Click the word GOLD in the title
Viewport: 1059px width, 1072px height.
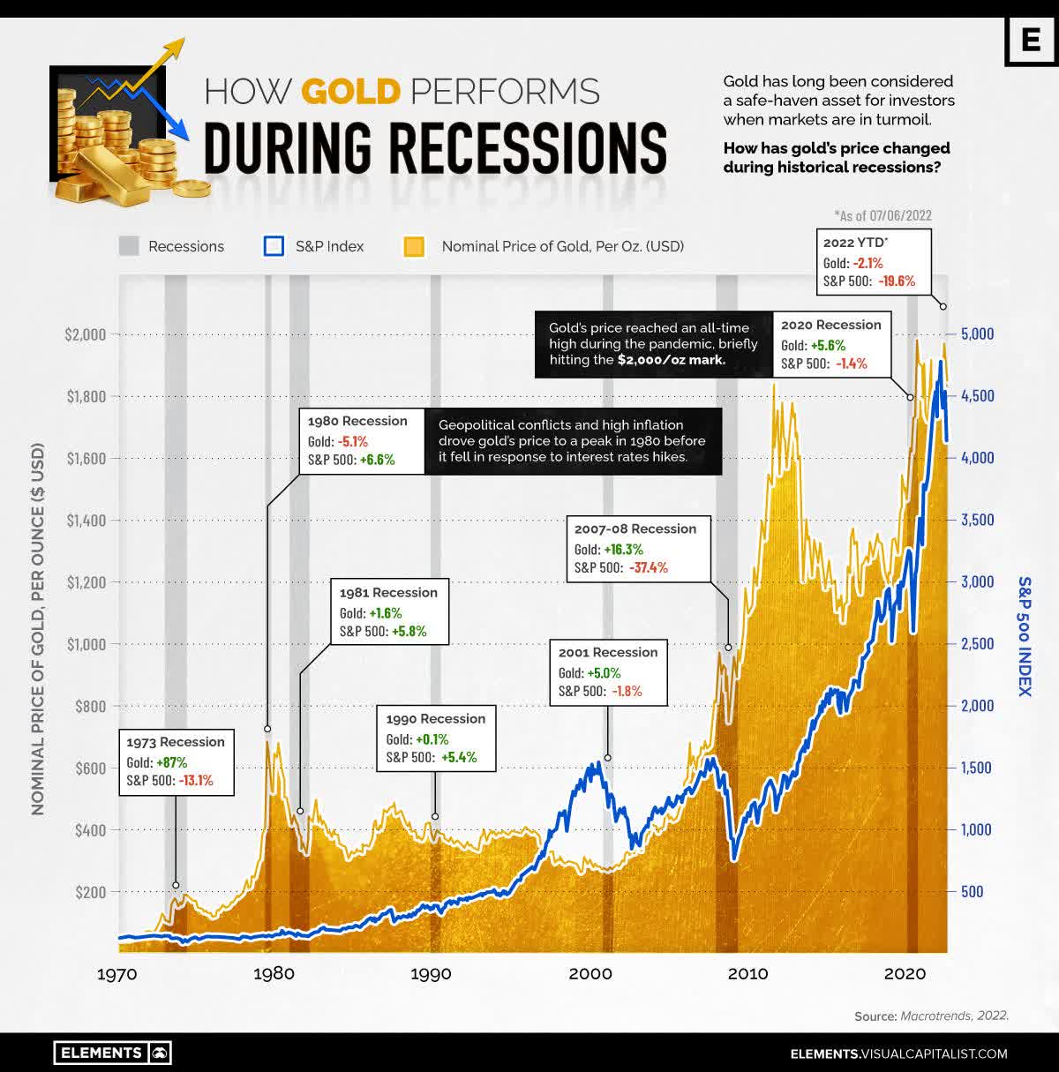pos(350,92)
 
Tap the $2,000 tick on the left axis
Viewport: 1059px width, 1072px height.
pos(85,334)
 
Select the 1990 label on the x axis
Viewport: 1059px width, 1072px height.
pos(431,973)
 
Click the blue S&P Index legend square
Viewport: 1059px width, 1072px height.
pos(274,246)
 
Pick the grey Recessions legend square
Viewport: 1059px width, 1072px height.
pos(129,246)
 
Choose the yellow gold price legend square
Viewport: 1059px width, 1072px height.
pos(414,246)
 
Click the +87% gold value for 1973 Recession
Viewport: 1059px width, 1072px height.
pos(170,762)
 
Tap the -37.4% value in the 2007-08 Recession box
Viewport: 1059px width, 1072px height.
pos(648,567)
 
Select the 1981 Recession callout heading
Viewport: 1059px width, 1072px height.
pos(388,593)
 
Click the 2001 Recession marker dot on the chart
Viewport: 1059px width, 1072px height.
pos(607,758)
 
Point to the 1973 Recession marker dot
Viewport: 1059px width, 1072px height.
pos(176,884)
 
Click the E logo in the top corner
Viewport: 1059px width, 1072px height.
pos(1030,41)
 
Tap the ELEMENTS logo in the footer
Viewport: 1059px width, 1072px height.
pos(112,1053)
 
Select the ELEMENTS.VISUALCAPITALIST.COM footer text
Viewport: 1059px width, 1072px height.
pos(898,1053)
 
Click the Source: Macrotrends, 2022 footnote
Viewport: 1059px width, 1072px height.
pos(931,1016)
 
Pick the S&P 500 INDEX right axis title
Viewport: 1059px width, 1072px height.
pos(1025,635)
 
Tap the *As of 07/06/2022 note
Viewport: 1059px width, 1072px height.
pos(882,215)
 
